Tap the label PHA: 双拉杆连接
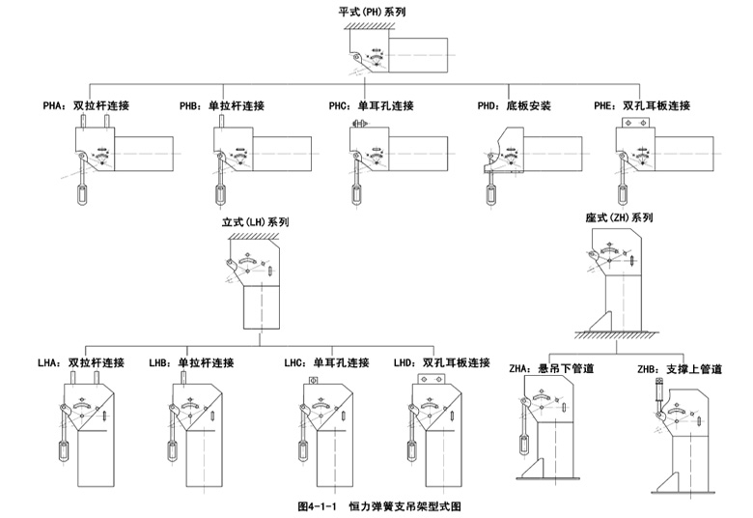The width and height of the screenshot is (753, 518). click(x=86, y=105)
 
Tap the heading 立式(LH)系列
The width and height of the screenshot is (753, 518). click(x=256, y=221)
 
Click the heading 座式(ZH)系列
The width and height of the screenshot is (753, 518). click(x=619, y=217)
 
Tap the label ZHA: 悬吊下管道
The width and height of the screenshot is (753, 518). click(x=551, y=368)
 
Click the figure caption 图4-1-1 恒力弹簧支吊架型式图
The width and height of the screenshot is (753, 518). click(x=386, y=505)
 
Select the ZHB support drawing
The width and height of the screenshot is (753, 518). click(x=686, y=435)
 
